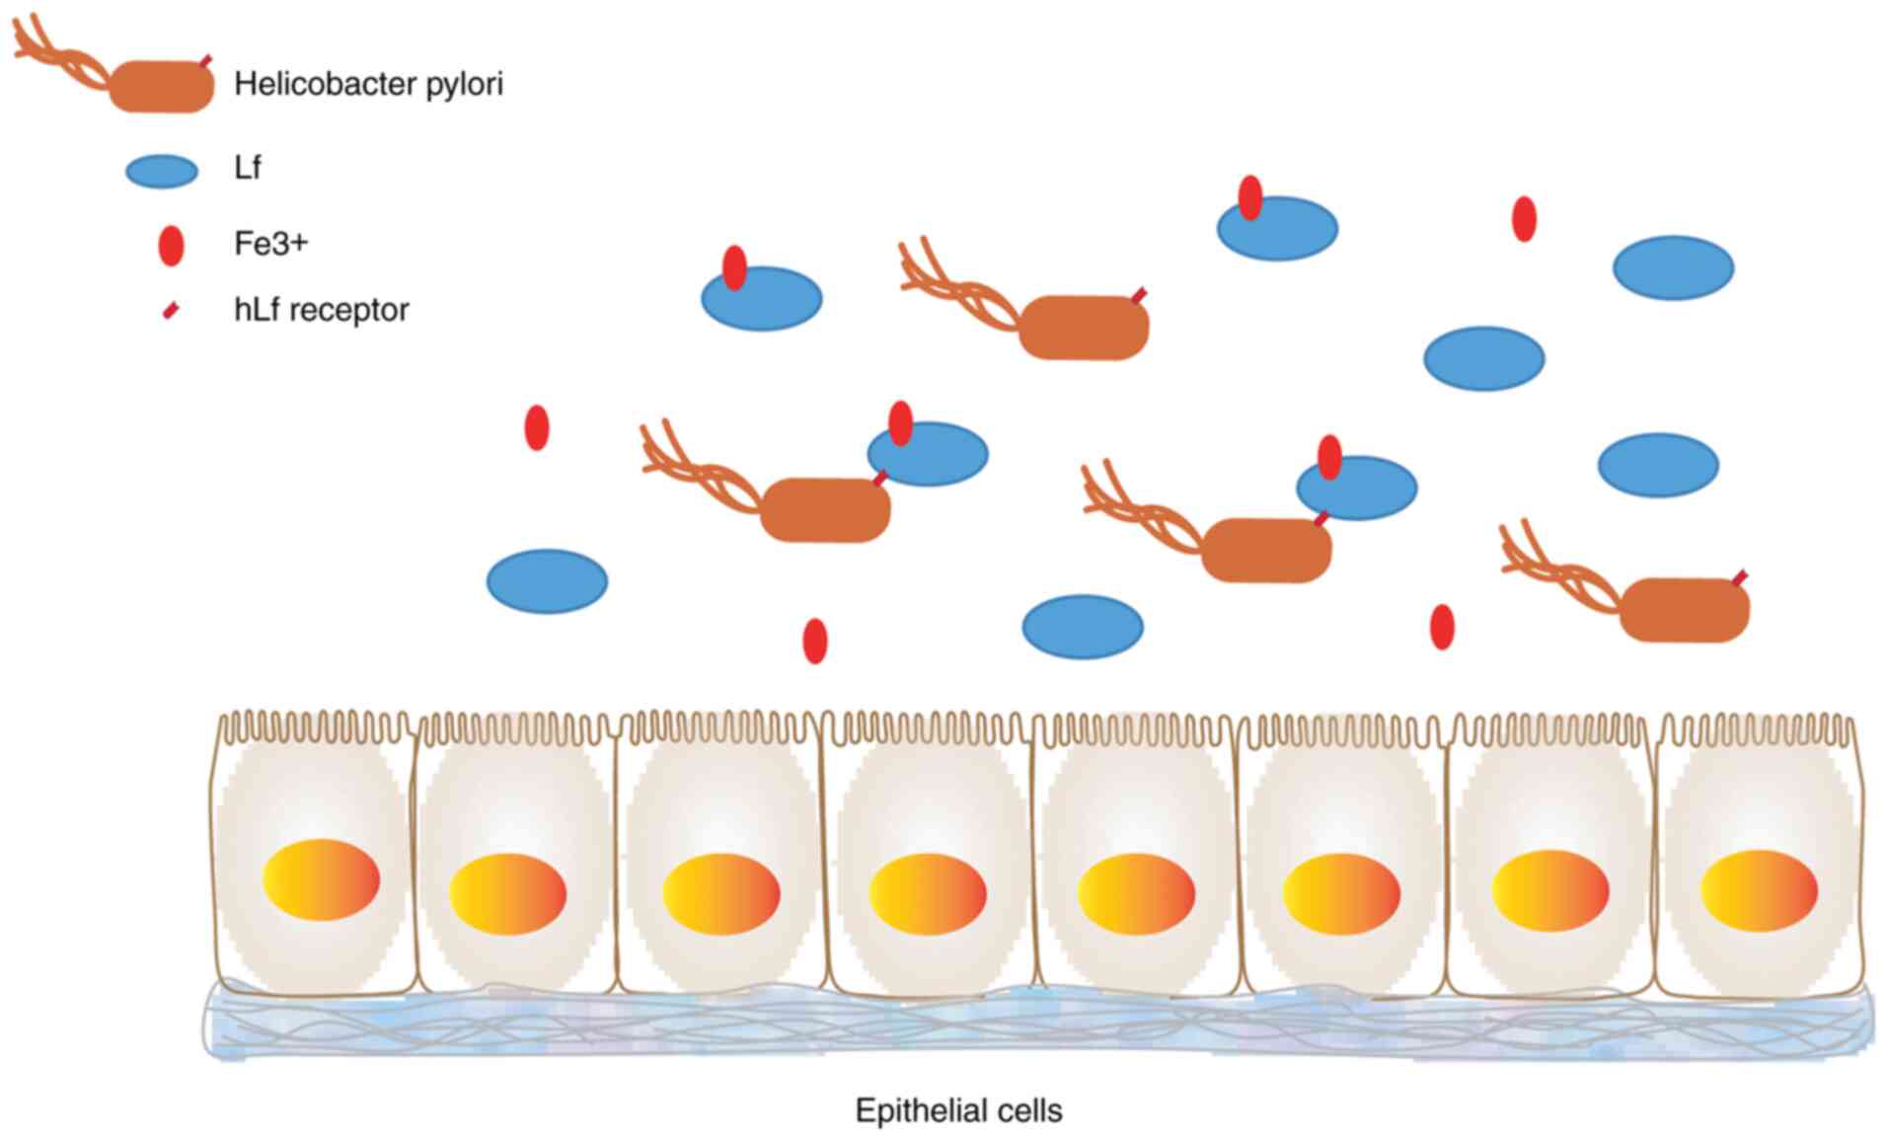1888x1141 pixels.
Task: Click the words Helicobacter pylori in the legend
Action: (x=368, y=84)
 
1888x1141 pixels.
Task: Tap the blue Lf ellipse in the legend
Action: (x=162, y=171)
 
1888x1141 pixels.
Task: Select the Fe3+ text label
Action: (x=270, y=243)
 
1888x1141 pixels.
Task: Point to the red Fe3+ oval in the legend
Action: (x=171, y=245)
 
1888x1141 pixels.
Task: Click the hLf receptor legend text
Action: (x=321, y=310)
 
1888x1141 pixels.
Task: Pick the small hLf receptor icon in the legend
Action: (x=171, y=311)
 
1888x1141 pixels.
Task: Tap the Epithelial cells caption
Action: (x=958, y=1110)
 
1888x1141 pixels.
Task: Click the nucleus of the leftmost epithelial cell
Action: (x=321, y=878)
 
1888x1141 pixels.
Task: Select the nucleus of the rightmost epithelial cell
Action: (x=1759, y=890)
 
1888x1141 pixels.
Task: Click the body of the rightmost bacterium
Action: (x=1684, y=610)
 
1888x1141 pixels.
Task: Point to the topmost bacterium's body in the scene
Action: (x=1083, y=327)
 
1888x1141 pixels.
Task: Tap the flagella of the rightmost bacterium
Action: (x=1554, y=568)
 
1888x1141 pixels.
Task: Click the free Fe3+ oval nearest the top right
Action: (x=1524, y=218)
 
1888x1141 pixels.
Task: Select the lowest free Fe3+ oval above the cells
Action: (x=814, y=641)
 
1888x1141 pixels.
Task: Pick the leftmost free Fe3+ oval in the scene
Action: (x=536, y=427)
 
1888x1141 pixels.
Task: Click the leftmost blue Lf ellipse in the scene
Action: (x=547, y=580)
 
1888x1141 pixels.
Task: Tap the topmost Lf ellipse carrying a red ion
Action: (x=1277, y=229)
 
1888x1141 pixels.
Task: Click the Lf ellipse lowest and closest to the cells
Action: (x=1083, y=626)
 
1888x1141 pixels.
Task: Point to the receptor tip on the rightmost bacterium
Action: (x=1741, y=575)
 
